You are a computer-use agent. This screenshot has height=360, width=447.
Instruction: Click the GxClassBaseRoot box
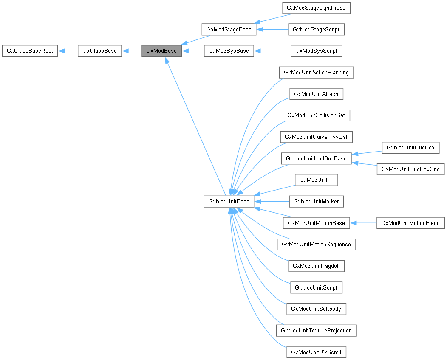[30, 51]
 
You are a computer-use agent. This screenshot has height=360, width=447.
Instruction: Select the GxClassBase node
[100, 51]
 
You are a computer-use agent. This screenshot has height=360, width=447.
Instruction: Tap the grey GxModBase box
[161, 51]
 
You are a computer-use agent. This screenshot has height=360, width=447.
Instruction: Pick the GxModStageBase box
[229, 30]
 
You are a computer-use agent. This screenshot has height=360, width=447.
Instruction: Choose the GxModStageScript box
[316, 30]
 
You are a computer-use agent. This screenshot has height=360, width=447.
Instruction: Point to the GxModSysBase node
[229, 51]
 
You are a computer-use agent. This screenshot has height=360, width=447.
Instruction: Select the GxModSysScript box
[317, 51]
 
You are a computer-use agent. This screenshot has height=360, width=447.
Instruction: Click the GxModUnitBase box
[229, 201]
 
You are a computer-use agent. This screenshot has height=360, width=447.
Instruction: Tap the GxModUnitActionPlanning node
[317, 73]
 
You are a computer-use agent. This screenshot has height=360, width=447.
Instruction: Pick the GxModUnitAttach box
[316, 94]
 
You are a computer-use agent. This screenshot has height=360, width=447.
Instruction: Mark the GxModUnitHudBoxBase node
[316, 159]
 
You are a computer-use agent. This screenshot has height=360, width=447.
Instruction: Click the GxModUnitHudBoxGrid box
[410, 169]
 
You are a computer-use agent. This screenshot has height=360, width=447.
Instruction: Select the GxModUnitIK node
[316, 180]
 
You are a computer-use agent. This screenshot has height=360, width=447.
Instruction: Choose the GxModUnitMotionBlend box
[410, 223]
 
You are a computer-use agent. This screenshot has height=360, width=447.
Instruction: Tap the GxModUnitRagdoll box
[316, 266]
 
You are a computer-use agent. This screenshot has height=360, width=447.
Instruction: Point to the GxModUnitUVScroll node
[316, 352]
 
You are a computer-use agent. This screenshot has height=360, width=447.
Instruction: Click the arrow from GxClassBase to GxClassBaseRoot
[68, 51]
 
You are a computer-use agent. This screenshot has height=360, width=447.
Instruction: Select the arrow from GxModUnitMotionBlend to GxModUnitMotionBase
[363, 223]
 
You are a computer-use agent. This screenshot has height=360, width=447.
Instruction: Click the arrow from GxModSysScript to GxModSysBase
[272, 51]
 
